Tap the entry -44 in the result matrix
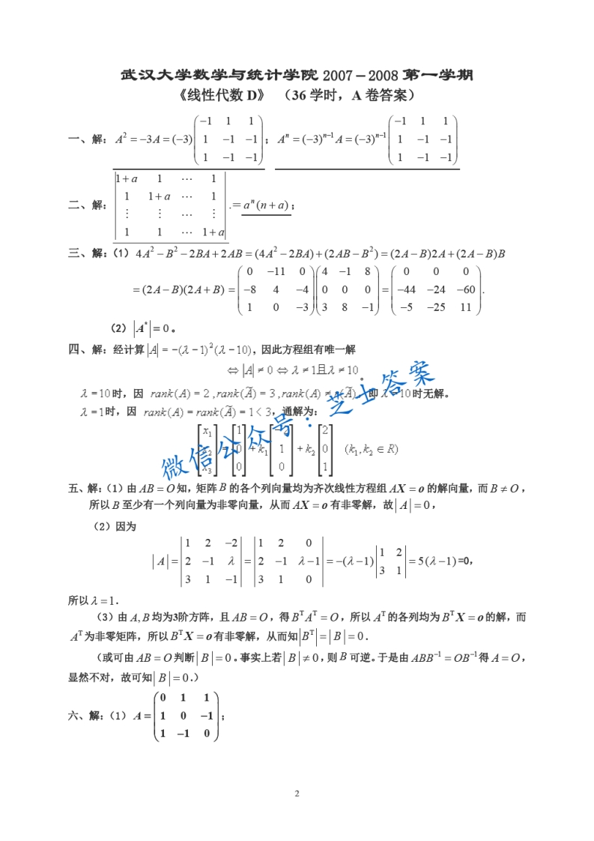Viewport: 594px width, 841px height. tap(407, 289)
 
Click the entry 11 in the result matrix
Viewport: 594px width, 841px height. tap(466, 307)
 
